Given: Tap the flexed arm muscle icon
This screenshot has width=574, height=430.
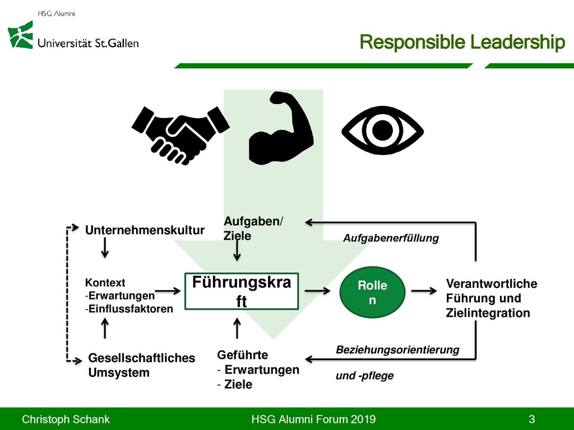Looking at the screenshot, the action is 281,128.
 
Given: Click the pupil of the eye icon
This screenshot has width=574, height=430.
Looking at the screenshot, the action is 382,130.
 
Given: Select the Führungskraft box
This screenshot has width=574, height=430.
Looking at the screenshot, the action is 242,291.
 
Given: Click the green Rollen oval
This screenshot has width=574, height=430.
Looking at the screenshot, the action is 372,292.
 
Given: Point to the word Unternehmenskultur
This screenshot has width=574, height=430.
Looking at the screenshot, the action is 145,230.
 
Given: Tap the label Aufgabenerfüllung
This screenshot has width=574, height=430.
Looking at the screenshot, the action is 391,238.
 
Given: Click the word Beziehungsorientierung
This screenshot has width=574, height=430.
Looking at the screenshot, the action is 397,349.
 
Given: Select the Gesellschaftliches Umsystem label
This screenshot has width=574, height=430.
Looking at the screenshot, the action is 142,365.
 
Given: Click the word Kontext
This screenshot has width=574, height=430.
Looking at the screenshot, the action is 105,283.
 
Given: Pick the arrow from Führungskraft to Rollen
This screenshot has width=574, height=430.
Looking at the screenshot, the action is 317,291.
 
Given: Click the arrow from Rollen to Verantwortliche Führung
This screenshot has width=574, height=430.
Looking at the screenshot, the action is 424,291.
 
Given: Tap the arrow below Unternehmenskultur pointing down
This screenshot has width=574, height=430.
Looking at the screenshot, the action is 105,247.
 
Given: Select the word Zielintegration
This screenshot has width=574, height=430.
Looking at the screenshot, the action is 488,313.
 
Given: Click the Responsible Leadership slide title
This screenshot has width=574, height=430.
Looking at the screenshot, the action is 462,41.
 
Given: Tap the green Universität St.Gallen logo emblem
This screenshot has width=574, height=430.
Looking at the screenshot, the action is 21,35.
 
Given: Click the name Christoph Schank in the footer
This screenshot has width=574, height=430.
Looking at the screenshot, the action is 66,419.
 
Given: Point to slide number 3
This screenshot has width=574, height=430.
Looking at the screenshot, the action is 532,419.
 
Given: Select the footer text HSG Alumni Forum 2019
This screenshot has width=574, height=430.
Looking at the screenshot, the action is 313,419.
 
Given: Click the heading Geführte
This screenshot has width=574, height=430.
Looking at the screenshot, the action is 242,354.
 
